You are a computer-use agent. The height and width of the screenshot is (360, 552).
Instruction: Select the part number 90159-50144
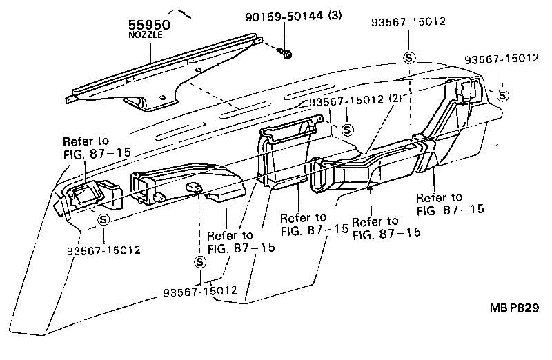point(275,17)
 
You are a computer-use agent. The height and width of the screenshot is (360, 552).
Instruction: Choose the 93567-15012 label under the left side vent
point(102,249)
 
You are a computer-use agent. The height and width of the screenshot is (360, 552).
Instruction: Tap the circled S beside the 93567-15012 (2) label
point(347,129)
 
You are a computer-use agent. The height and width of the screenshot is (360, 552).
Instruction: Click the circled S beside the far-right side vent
point(502,95)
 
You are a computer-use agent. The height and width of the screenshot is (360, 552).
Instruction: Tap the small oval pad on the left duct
point(194,186)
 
